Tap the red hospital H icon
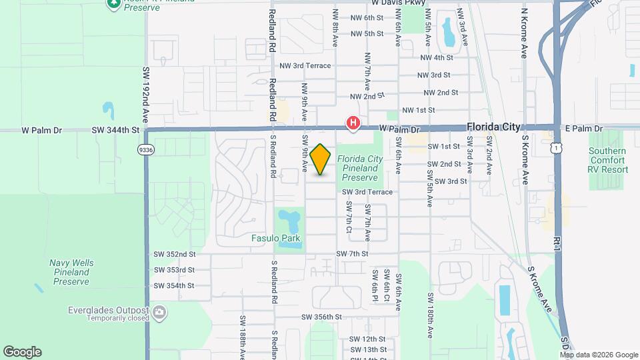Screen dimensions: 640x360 (353, 123)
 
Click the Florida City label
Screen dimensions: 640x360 (493, 127)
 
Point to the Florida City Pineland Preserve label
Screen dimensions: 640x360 (360, 168)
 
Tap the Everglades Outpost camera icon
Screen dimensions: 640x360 (159, 312)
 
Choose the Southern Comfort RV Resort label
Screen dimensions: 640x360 (607, 160)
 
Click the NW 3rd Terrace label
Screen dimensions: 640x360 (305, 65)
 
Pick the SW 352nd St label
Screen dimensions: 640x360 (174, 254)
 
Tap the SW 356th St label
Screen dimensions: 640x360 (321, 317)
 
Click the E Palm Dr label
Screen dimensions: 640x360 (585, 128)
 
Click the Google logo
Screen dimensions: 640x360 (22, 351)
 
